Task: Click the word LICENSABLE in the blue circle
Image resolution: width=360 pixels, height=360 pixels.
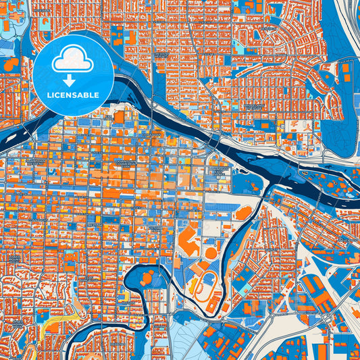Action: point(74,95)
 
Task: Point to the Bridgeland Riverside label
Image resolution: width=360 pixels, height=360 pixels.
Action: point(253,108)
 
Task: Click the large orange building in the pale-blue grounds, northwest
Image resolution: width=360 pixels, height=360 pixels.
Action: point(12,65)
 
